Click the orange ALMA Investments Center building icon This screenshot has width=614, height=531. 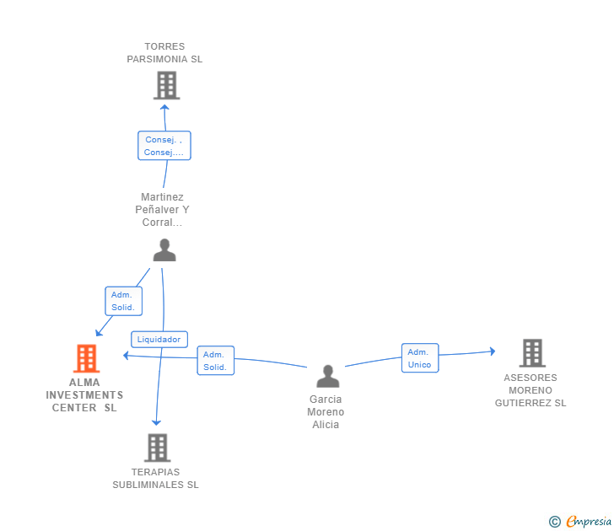tap(87, 358)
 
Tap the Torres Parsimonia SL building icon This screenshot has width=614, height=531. tap(166, 85)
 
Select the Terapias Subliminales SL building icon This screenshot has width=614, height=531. tap(158, 448)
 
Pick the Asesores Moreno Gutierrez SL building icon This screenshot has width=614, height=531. tap(532, 353)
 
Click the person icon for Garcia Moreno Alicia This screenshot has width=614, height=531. tap(328, 376)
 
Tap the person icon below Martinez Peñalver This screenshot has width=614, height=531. tap(164, 249)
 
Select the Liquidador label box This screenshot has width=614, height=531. tap(159, 340)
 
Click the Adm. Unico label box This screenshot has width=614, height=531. tap(420, 358)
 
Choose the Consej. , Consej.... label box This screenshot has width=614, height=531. tap(164, 146)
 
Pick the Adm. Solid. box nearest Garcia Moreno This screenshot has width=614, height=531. tap(215, 361)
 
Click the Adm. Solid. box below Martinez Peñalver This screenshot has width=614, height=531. tap(123, 301)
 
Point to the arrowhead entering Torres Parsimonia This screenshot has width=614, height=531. tap(164, 107)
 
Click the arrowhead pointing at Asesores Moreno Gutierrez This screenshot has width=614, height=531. tap(493, 351)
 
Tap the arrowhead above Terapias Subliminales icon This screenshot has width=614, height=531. tap(156, 422)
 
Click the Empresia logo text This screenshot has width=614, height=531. tap(589, 521)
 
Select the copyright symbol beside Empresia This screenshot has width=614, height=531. tap(554, 522)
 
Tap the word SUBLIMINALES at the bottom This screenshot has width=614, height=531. tap(148, 485)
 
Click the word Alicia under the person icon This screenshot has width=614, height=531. tap(326, 425)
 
